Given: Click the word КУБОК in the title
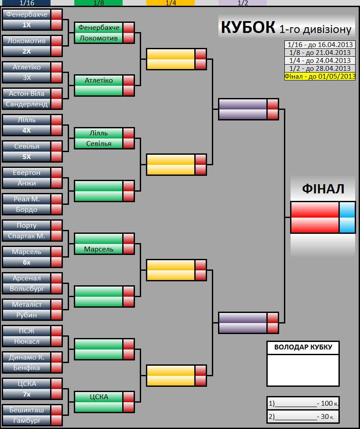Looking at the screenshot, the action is (x=248, y=27).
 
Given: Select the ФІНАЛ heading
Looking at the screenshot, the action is (x=323, y=189).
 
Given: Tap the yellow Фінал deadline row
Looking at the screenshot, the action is (x=320, y=76).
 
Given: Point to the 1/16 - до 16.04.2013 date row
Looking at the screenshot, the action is (x=320, y=44).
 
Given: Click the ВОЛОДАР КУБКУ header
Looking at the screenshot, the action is (x=303, y=347).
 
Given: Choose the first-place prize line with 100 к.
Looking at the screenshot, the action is (x=303, y=403).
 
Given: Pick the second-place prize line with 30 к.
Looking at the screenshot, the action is (x=303, y=416).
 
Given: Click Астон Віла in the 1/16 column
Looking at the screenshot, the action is (x=26, y=94).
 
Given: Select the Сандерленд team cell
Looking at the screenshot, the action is (x=26, y=104).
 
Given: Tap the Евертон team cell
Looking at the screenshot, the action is (x=26, y=173).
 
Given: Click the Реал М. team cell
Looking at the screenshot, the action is (x=26, y=199).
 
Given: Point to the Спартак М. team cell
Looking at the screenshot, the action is (x=26, y=236).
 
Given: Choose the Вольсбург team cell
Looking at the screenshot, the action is (x=26, y=289).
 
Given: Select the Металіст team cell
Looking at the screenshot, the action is (x=26, y=305).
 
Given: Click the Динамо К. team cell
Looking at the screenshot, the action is (x=26, y=357).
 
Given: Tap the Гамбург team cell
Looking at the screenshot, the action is (x=26, y=420).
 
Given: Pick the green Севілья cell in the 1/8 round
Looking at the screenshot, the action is (x=98, y=144).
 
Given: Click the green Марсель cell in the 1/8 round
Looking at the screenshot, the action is (x=98, y=249).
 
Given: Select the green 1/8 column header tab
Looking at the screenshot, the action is (x=98, y=3).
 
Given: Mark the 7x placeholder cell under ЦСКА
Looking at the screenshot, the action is (x=26, y=394).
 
